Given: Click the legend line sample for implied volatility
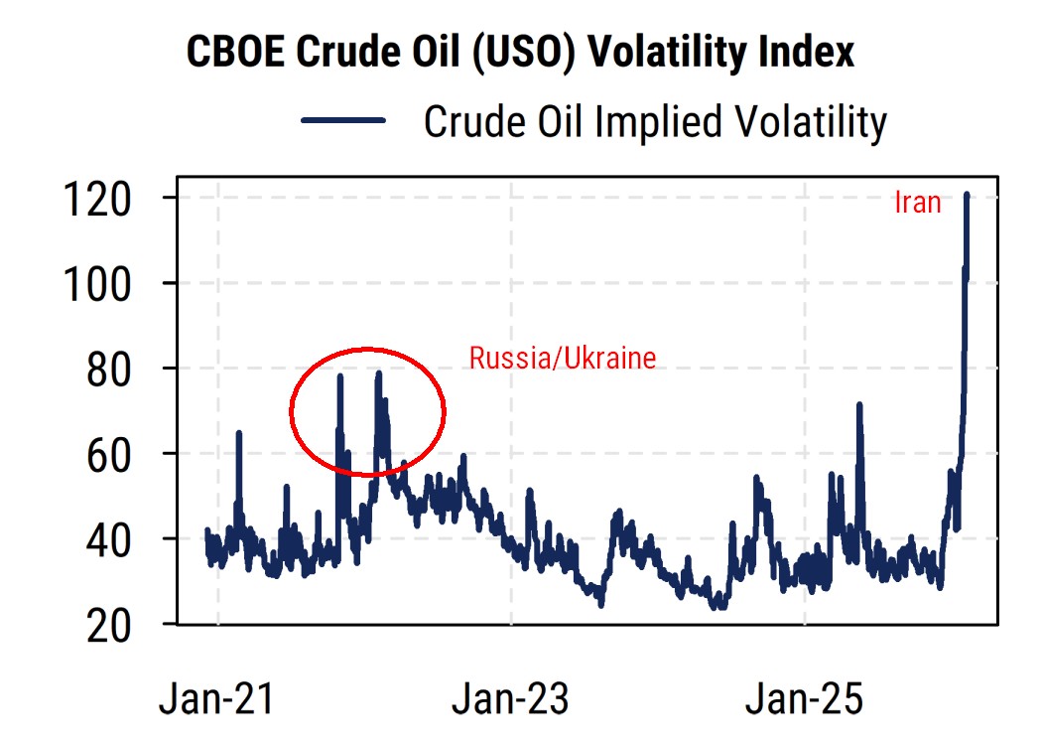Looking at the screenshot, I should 343,121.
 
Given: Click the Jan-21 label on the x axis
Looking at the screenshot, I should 217,699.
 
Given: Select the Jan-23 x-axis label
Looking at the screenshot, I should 510,699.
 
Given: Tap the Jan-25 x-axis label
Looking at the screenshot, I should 804,699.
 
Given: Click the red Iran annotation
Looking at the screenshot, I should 917,204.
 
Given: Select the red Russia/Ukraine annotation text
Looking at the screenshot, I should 563,358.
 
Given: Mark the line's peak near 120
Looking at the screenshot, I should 967,196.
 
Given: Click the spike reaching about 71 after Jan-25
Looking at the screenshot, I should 859,406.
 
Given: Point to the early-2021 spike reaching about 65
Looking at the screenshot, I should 238,433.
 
